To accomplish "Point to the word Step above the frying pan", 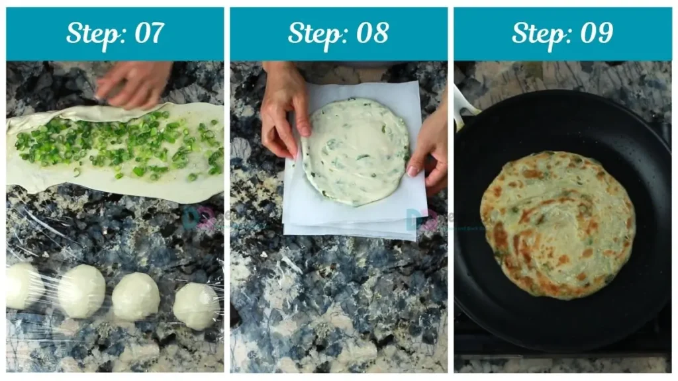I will [538, 33].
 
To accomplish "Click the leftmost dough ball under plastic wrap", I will [23, 286].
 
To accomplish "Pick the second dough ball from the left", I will [81, 291].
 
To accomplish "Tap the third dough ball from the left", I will [135, 296].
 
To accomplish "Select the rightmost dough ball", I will [197, 306].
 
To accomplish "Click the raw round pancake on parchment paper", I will [356, 151].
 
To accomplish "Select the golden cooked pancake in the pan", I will [557, 224].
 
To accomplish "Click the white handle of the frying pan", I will [463, 106].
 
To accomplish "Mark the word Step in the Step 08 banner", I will [314, 33].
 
